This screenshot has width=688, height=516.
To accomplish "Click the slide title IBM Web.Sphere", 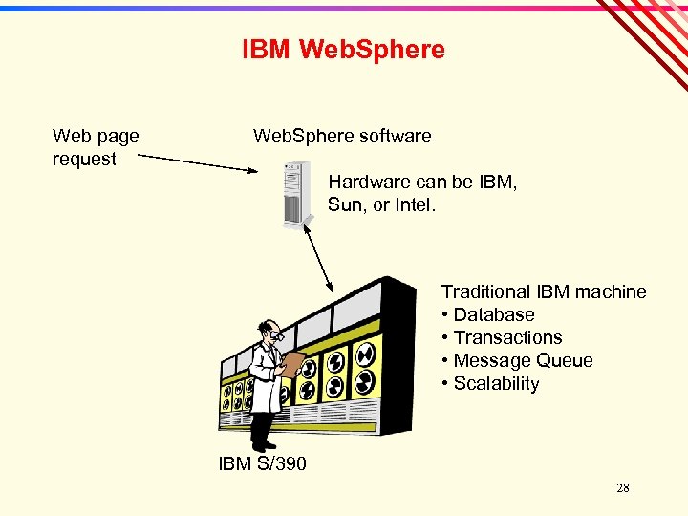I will pos(343,50).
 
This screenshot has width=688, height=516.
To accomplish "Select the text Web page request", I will pos(95,147).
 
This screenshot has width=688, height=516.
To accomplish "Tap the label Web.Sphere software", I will pos(342,137).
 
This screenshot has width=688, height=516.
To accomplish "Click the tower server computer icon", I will pos(298,194).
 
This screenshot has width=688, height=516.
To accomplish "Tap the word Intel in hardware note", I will pos(414,204).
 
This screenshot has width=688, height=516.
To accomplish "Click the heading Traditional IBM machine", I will pos(543,292).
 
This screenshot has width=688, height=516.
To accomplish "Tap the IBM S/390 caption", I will pos(263,464).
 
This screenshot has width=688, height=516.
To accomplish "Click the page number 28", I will pos(622,488).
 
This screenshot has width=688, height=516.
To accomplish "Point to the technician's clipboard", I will pos(293,363).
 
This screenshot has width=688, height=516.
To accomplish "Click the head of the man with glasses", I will pos(271,333).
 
